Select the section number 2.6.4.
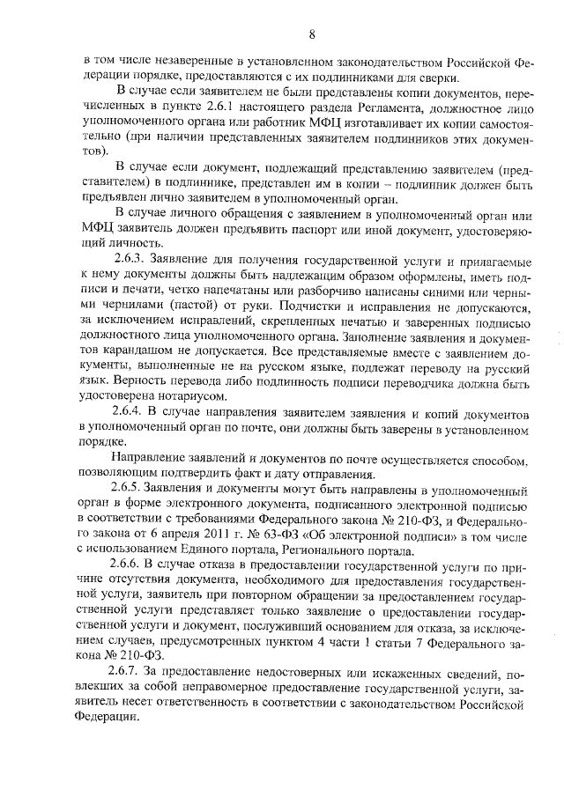pos(130,413)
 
